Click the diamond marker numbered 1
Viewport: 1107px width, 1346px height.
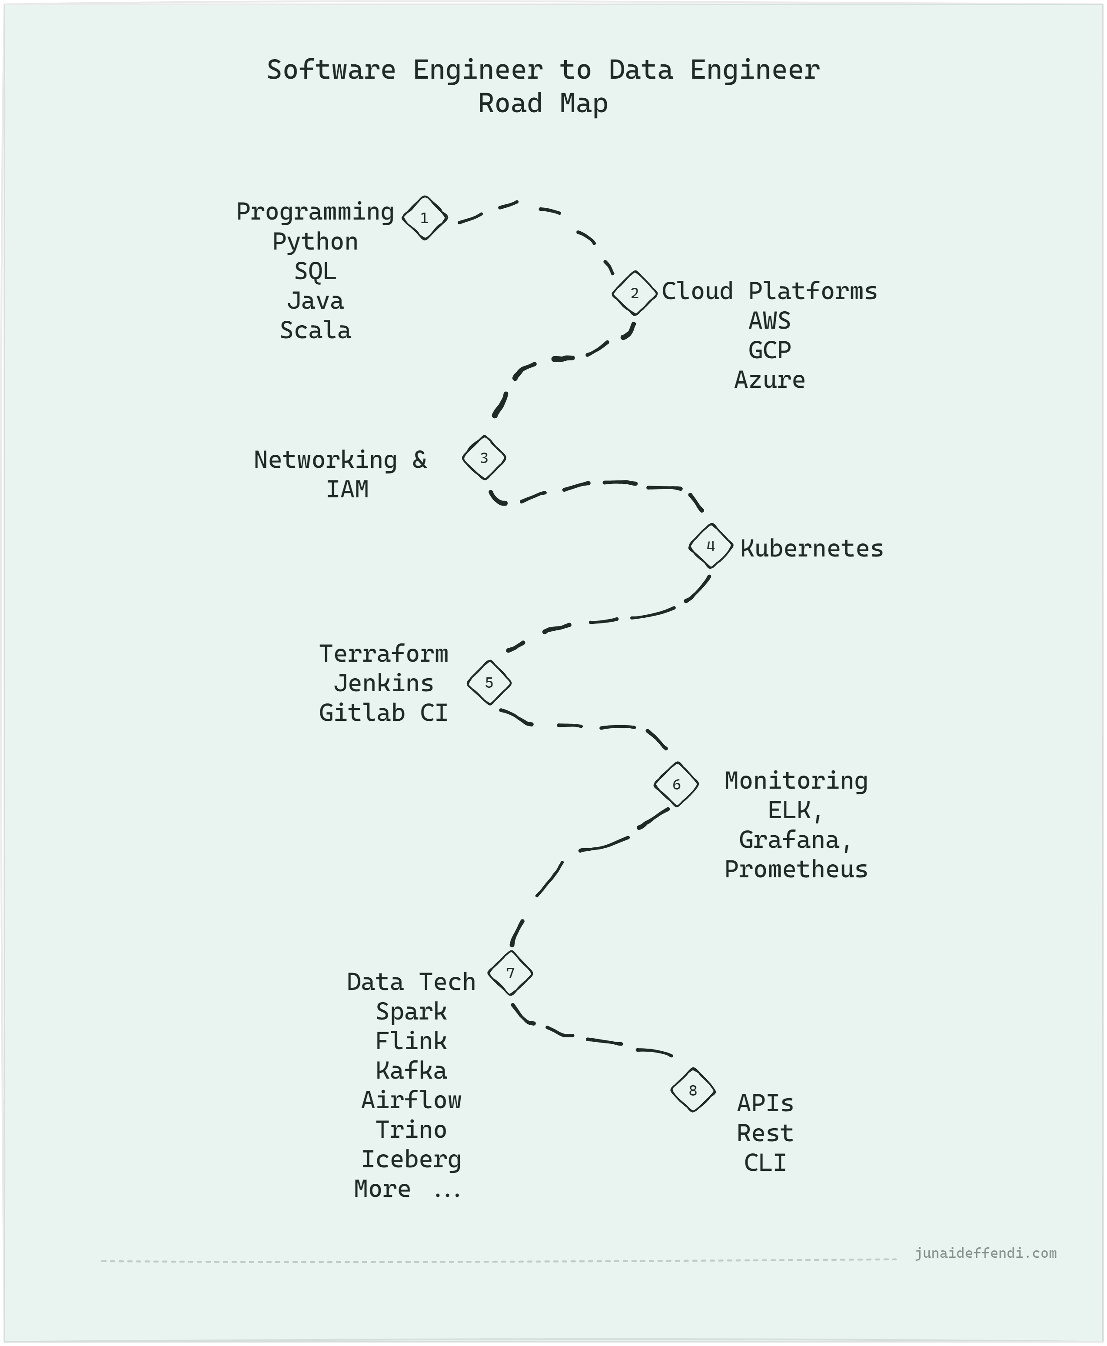pos(425,218)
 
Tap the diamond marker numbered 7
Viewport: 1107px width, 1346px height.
pos(510,973)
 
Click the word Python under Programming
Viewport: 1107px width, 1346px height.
pos(315,242)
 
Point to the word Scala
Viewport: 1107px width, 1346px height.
pos(315,330)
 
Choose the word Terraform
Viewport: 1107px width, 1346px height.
pos(383,654)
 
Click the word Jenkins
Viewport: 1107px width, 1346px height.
pos(383,683)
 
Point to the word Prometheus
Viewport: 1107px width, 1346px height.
pos(796,870)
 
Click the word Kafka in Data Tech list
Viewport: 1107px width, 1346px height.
pos(411,1071)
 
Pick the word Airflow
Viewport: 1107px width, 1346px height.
pos(411,1100)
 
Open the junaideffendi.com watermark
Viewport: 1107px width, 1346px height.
pos(985,1253)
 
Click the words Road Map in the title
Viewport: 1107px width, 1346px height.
pos(543,103)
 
